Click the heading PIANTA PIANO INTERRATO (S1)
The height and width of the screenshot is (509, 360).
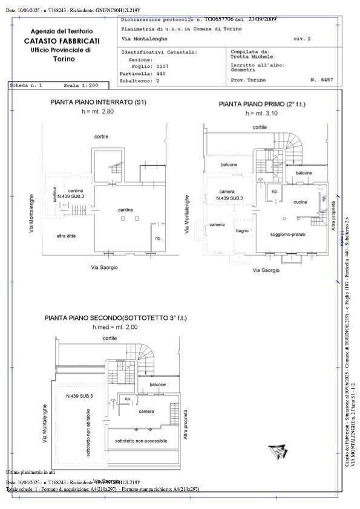98,102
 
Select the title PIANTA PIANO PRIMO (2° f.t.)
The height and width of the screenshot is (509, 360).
262,104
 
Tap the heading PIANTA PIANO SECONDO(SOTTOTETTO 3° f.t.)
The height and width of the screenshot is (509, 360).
116,317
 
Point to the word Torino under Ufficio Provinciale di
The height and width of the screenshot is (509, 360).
64,59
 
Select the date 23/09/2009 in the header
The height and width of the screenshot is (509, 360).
263,19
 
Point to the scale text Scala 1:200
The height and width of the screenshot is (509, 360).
81,86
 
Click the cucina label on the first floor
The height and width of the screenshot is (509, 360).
300,202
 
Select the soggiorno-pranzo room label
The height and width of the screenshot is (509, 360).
288,234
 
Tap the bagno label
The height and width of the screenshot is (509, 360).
242,230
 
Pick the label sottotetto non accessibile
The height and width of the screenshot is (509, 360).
141,441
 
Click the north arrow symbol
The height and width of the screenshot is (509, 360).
278,450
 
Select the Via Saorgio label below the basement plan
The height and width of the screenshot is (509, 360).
104,267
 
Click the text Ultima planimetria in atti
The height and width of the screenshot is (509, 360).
30,472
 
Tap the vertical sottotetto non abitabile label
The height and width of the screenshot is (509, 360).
89,433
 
